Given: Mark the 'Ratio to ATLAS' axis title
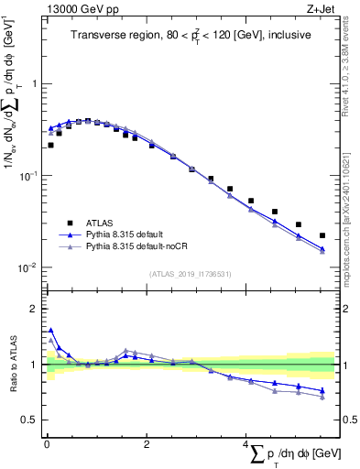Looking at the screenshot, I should pos(12,365).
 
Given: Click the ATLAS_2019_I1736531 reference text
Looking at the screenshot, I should pos(191,274).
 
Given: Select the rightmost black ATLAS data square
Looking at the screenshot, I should pos(322,235).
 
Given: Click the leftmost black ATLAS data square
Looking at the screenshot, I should pos(51,145).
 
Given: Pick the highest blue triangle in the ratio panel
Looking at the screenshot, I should pos(51,331).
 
